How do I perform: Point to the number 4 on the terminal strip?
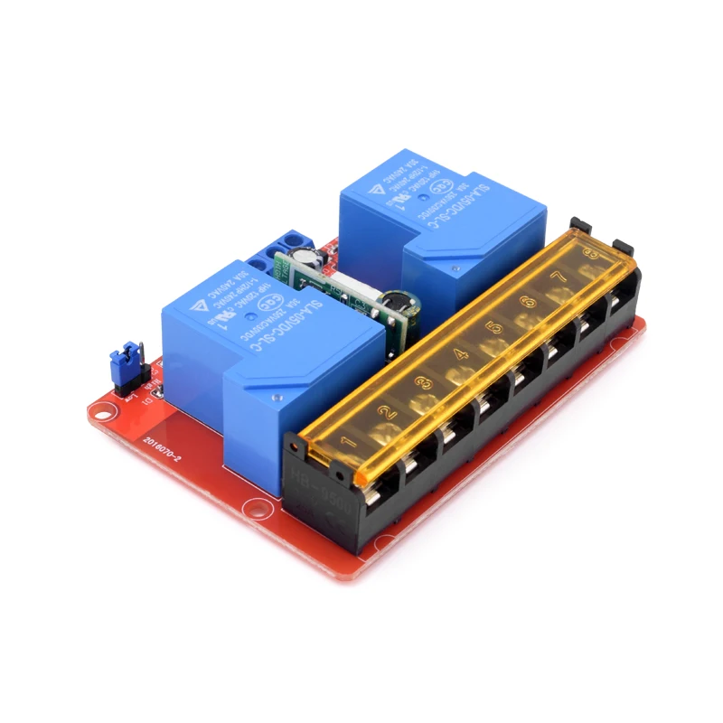tap(459, 354)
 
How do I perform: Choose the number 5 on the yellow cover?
tap(494, 327)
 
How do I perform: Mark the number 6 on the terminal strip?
tap(528, 301)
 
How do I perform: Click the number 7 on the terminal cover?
tap(559, 277)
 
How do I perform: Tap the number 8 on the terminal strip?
tap(589, 254)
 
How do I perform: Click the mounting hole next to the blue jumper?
tap(107, 411)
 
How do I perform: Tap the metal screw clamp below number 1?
tap(379, 495)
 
